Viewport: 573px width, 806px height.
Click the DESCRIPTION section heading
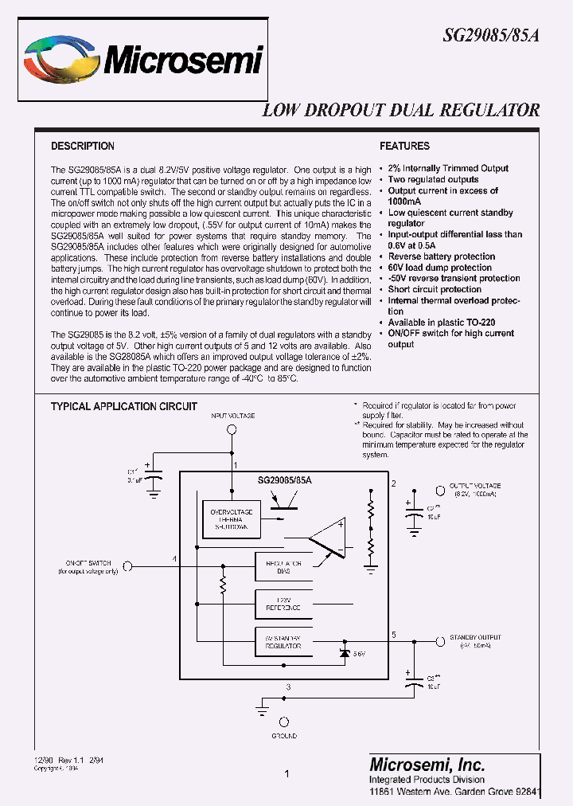83,146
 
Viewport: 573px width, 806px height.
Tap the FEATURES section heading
404,146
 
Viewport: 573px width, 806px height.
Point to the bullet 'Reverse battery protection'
442,256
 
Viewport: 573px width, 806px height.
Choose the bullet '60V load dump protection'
439,268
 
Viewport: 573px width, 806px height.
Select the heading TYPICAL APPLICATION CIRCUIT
124,406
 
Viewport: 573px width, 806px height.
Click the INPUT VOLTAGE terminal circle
232,429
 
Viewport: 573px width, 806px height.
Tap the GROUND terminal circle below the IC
284,722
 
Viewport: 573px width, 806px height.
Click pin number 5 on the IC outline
394,634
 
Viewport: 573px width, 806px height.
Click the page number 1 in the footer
286,773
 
